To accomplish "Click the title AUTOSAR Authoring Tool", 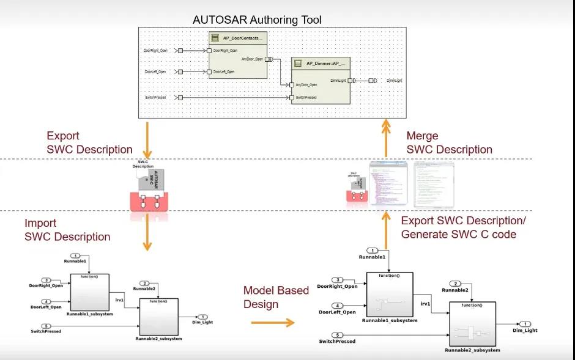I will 257,20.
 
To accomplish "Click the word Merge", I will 422,136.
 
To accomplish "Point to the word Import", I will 40,223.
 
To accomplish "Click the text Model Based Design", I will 276,297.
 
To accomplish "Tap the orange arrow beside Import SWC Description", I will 146,235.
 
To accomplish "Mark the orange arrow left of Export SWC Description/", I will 386,229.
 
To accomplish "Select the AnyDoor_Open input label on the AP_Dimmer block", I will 306,85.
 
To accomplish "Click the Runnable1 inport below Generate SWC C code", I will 373,251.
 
